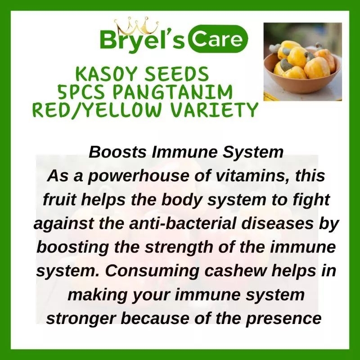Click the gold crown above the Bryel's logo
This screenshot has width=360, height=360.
click(x=136, y=27)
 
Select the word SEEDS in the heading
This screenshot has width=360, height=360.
click(x=176, y=74)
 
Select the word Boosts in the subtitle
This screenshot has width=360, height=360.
click(x=117, y=152)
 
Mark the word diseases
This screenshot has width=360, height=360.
click(x=277, y=224)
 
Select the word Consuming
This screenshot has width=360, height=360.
click(x=152, y=271)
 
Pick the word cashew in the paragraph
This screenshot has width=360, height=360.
click(x=235, y=271)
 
